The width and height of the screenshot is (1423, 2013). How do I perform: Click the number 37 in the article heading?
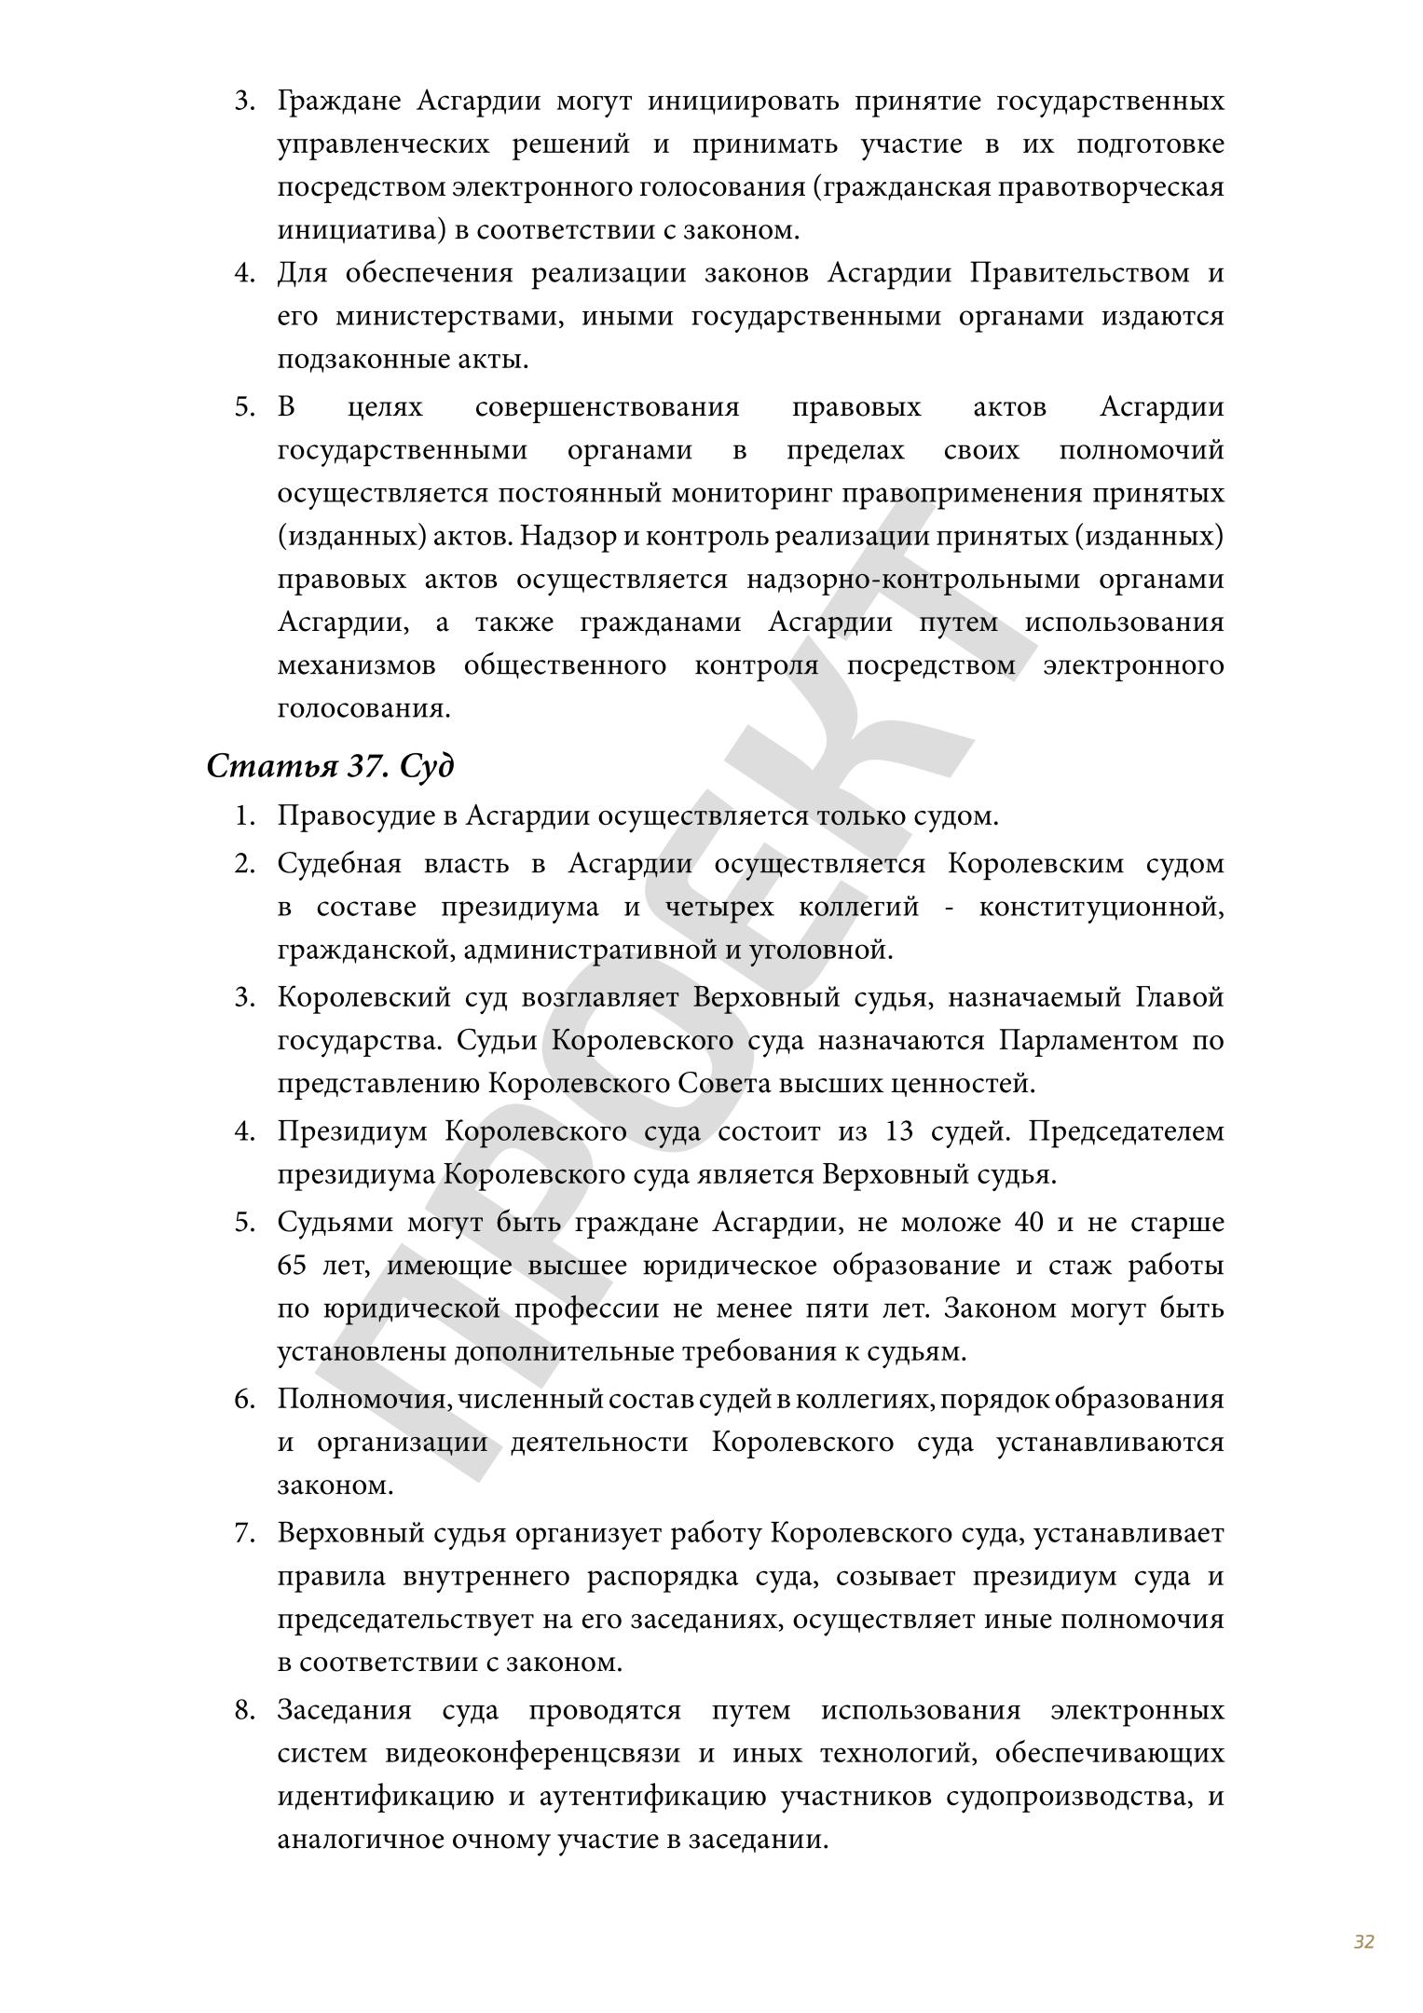[365, 766]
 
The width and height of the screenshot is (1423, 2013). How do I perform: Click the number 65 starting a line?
[293, 1266]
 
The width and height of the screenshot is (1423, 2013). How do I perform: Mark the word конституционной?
[1101, 907]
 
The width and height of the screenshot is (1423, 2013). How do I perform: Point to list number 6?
[244, 1399]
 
